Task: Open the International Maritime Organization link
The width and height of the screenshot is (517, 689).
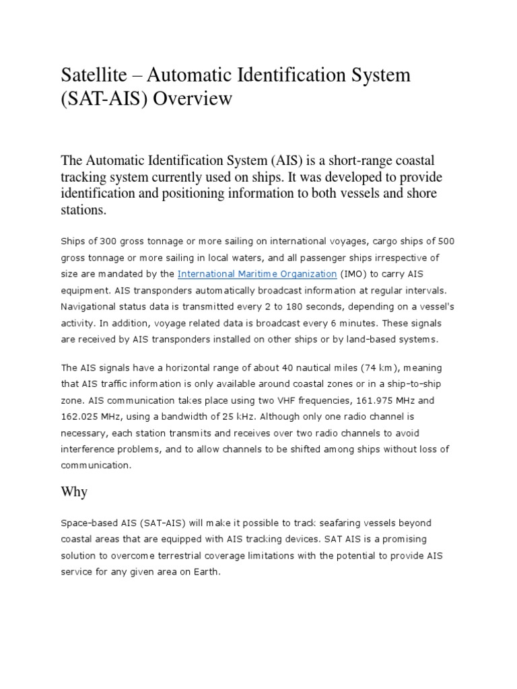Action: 256,274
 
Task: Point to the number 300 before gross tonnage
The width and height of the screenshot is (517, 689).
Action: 110,242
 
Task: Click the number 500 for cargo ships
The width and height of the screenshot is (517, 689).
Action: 448,242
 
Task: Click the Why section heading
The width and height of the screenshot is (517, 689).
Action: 74,493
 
